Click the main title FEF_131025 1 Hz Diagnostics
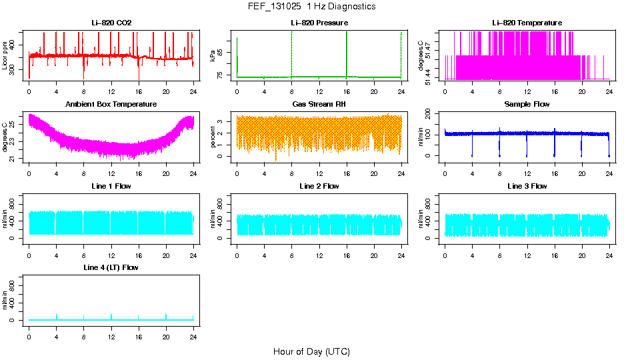[x=311, y=7]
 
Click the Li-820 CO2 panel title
[x=111, y=23]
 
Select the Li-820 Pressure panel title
[x=319, y=23]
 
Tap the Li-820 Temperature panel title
[x=527, y=23]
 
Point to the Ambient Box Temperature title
[x=111, y=105]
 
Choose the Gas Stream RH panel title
[x=319, y=105]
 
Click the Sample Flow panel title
[x=527, y=105]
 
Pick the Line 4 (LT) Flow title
[x=111, y=267]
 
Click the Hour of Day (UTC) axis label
[x=311, y=351]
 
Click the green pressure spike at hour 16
[x=347, y=53]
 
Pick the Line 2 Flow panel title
[x=319, y=186]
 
